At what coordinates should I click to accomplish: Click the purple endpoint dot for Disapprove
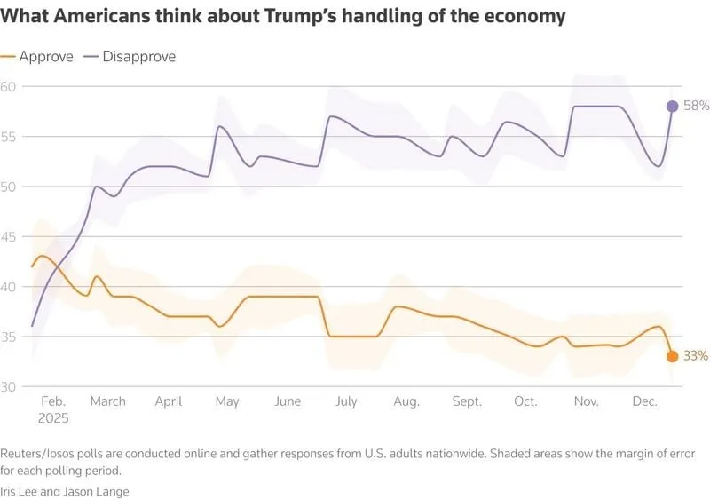click(x=673, y=107)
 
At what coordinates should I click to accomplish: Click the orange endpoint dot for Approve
click(x=673, y=356)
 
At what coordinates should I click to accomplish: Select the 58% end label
click(x=696, y=107)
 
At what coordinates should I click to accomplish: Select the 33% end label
click(x=696, y=356)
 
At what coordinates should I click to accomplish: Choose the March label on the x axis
click(x=107, y=401)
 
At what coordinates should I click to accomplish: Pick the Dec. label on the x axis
click(x=644, y=401)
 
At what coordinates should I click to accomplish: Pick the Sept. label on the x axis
click(x=467, y=401)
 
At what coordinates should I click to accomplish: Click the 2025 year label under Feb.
click(x=52, y=417)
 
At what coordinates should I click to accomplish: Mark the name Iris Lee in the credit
click(x=26, y=490)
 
